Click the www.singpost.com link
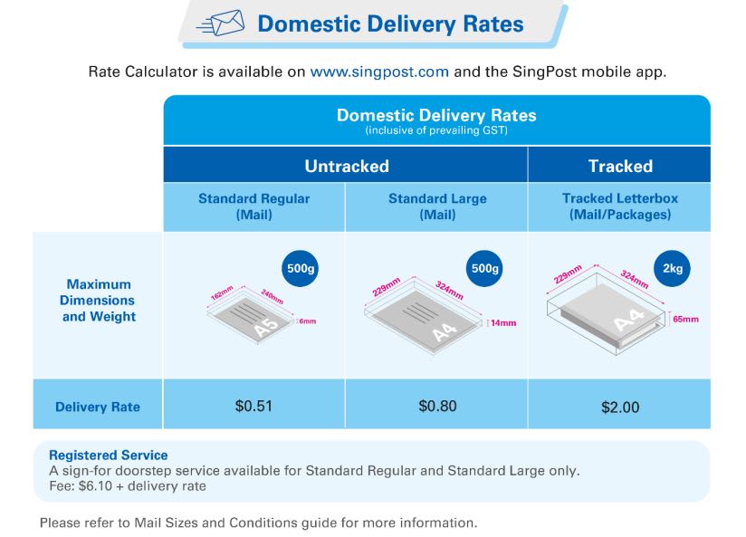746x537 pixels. pos(379,72)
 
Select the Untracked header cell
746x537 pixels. pos(346,166)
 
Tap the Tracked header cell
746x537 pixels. pos(620,166)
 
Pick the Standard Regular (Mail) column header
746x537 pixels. pos(253,206)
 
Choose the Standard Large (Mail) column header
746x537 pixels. pos(437,206)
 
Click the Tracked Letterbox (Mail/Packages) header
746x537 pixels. pos(620,206)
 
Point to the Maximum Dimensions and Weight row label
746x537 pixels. pos(99,300)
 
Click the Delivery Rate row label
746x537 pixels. pos(98,407)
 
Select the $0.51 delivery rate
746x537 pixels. pos(253,406)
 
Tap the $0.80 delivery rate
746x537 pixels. pos(437,406)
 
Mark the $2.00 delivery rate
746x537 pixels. pos(620,407)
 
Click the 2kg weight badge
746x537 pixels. pos(673,270)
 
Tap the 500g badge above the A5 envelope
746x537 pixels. pos(302,270)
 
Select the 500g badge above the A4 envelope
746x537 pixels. pos(485,270)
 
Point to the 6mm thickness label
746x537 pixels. pos(309,321)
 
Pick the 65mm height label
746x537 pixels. pos(684,319)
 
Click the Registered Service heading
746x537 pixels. pos(108,455)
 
